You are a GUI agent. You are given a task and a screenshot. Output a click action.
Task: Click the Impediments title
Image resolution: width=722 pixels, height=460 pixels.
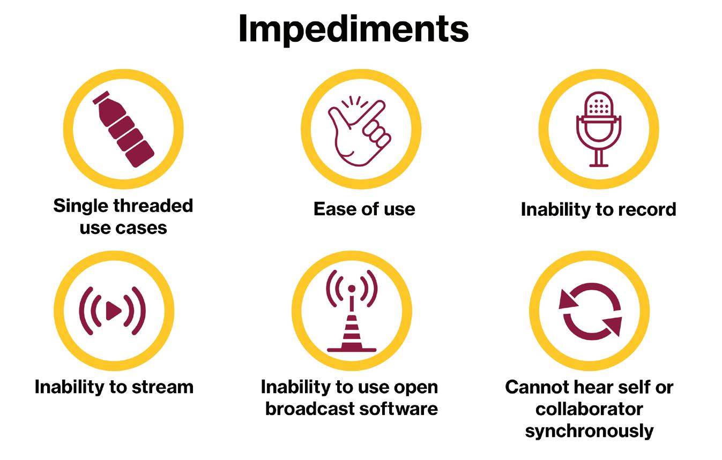tap(353, 29)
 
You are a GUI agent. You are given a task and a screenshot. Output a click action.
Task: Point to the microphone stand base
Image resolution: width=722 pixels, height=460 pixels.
tap(598, 164)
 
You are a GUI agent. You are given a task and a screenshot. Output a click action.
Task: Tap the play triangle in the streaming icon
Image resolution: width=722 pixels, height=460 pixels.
tap(113, 311)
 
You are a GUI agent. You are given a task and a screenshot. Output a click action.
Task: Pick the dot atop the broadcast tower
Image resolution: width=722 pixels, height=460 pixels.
tap(352, 289)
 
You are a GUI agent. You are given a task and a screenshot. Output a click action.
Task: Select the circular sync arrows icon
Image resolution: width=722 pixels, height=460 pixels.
tap(590, 311)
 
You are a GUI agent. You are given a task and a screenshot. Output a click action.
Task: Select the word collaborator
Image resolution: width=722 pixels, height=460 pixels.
tap(589, 409)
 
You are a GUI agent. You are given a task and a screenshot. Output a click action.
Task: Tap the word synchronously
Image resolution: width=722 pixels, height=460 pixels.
tap(589, 431)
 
